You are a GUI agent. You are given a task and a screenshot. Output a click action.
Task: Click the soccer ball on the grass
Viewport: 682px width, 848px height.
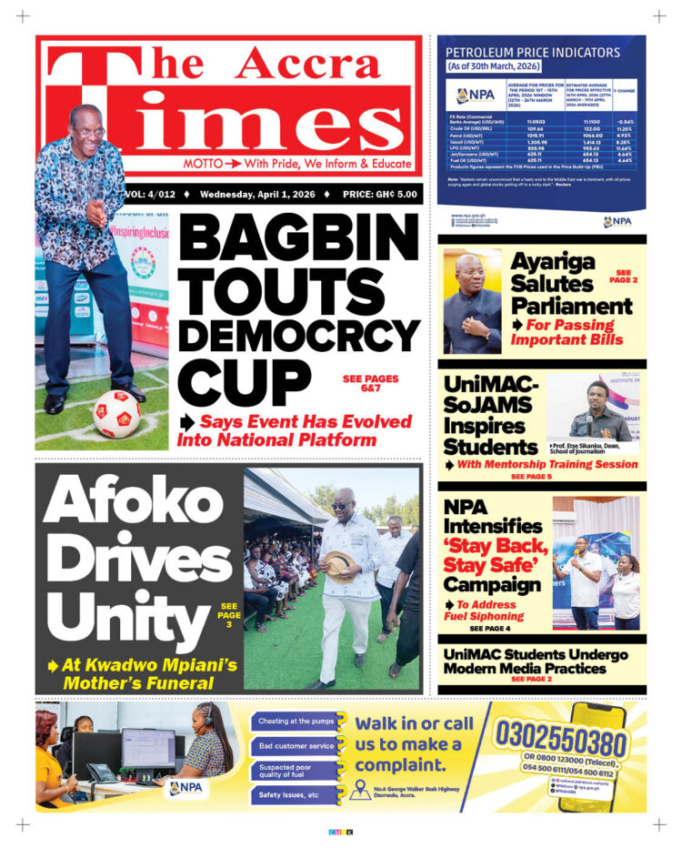(x=115, y=413)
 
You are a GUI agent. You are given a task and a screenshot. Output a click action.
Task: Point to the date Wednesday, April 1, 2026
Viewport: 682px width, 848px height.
(x=258, y=194)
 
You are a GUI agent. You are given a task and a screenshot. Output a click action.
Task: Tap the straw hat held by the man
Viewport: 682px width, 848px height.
(x=339, y=566)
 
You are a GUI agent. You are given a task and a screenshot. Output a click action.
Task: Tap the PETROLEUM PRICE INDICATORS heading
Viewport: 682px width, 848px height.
(x=533, y=52)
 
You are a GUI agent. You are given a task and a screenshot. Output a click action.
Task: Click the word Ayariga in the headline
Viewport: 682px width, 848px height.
(x=552, y=262)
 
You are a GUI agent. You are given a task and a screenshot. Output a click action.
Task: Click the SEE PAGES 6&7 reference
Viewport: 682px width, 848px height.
(x=370, y=383)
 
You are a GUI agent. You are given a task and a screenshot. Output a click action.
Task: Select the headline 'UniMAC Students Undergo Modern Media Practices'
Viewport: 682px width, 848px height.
(x=536, y=661)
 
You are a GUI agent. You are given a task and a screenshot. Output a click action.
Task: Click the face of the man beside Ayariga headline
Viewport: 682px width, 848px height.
(x=472, y=275)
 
